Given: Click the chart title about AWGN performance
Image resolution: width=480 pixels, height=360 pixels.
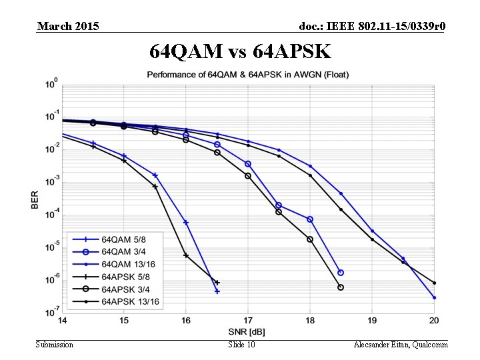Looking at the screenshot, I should click(248, 73).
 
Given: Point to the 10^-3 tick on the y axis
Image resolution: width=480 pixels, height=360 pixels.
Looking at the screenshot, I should click(51, 181).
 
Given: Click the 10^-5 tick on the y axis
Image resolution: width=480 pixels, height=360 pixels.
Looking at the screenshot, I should click(51, 247).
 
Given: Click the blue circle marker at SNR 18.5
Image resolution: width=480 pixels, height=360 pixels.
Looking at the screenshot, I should click(341, 273).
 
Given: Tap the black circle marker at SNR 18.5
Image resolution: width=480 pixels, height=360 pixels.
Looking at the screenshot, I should click(341, 287).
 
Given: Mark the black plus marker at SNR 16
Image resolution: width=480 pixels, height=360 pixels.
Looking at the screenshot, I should click(186, 255).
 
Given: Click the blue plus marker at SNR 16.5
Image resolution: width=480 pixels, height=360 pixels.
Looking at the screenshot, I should click(217, 291).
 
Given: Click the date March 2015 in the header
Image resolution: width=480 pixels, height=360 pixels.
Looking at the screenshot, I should click(68, 26).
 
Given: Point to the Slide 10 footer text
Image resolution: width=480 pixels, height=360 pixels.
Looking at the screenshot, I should click(241, 344).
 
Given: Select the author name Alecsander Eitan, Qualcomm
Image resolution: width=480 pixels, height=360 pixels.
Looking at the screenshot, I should click(401, 344).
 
